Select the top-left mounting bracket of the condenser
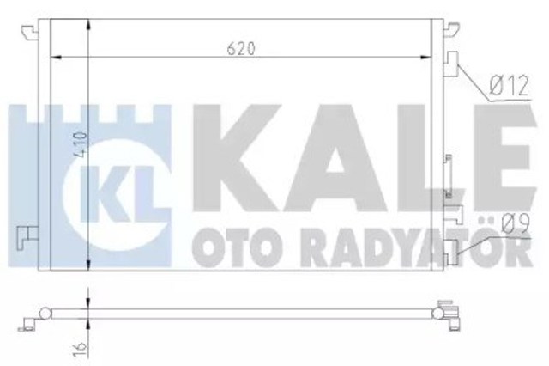(x=33, y=28)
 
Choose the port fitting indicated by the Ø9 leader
(x=452, y=247)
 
